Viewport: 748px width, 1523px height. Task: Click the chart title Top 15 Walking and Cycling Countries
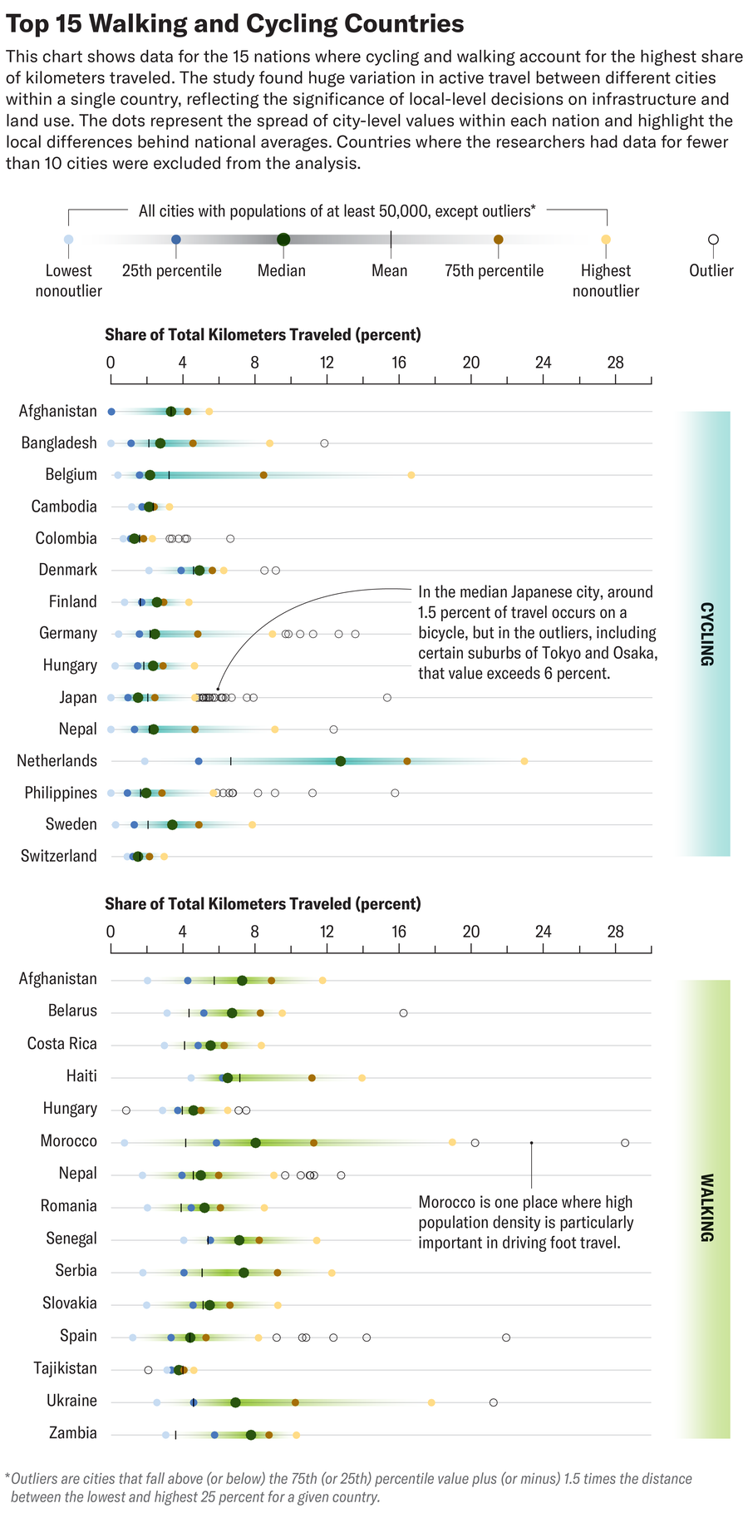tap(234, 23)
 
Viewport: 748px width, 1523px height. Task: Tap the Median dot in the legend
tap(283, 240)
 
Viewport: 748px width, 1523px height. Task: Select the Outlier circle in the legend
tap(713, 240)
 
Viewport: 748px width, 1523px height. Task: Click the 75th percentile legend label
tap(494, 271)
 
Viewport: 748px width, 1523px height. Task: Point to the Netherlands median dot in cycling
tap(341, 761)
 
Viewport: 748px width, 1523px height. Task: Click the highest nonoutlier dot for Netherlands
tap(524, 761)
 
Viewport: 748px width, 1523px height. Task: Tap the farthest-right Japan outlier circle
tap(387, 697)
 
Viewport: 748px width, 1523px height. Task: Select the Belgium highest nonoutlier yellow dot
tap(411, 475)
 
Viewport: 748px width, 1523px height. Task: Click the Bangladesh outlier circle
tap(324, 443)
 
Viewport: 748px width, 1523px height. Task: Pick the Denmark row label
tap(67, 570)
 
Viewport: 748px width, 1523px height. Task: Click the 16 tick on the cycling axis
tap(399, 363)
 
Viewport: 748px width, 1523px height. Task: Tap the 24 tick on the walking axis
tap(543, 932)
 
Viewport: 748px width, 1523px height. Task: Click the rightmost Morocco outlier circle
tap(625, 1142)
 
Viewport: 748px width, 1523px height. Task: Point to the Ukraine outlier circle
tap(494, 1402)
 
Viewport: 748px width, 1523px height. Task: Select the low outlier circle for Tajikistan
tap(148, 1369)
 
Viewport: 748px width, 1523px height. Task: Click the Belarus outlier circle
tap(403, 1012)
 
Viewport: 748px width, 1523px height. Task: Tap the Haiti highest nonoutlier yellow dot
tap(362, 1077)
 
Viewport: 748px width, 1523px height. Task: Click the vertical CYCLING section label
tap(705, 634)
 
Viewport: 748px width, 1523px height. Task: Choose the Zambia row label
tap(72, 1433)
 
